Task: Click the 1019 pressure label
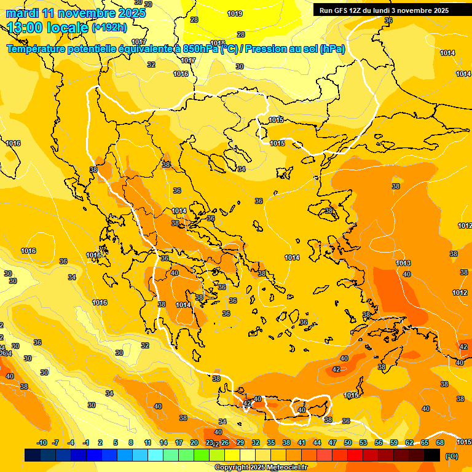click(234, 14)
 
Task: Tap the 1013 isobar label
click(403, 263)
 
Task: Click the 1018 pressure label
click(218, 43)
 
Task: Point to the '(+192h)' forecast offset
click(109, 27)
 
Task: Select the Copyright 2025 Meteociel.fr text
click(261, 467)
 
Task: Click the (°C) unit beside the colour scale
click(452, 455)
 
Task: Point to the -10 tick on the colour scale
click(42, 442)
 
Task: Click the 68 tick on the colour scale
click(440, 442)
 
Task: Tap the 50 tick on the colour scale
click(348, 442)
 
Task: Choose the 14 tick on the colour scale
click(163, 442)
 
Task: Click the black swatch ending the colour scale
click(432, 455)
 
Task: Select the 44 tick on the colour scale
click(317, 442)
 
